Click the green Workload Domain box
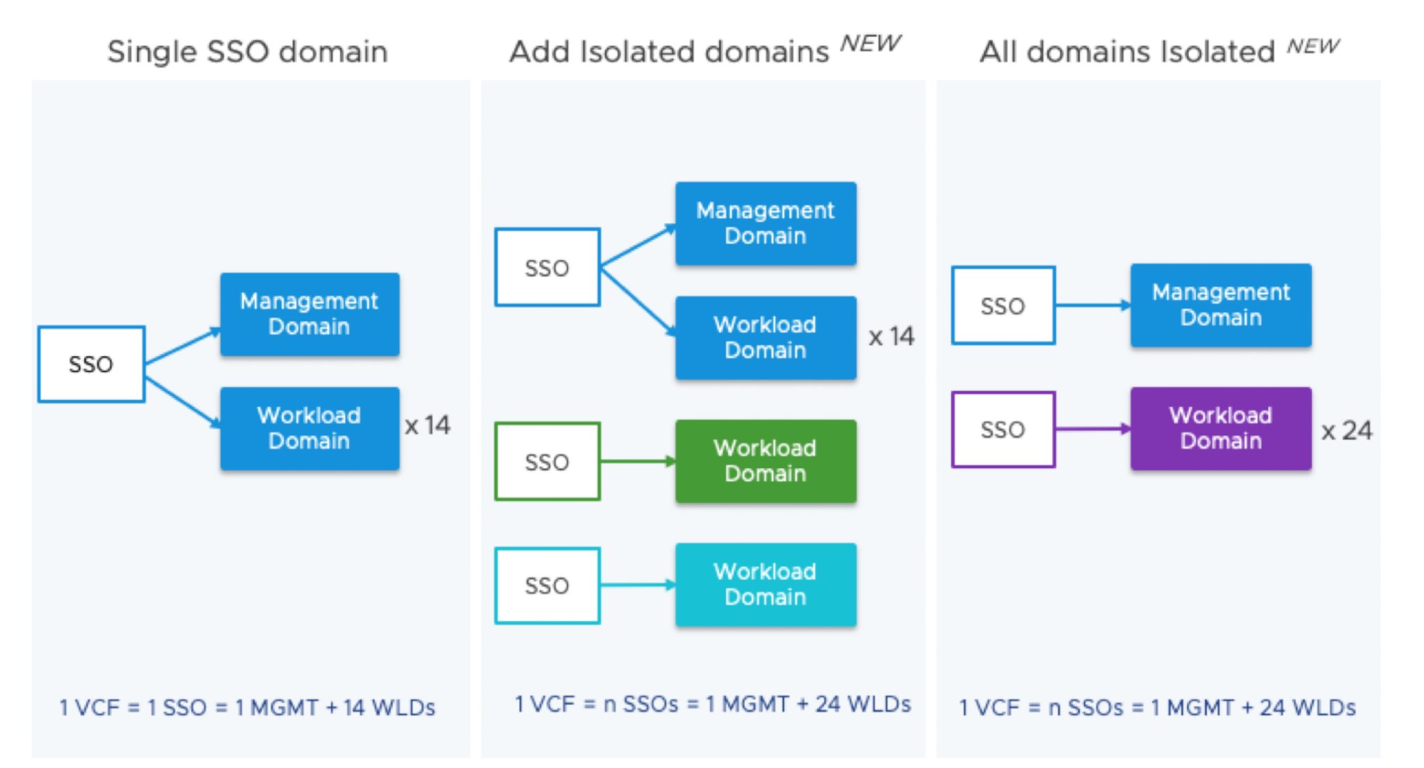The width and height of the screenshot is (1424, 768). pos(766,461)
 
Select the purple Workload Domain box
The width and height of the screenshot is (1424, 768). pos(1221,429)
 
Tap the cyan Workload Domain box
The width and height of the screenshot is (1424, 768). pos(766,584)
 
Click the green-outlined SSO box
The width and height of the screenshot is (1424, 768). pos(547,461)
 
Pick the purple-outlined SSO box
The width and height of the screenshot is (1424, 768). pos(1003,429)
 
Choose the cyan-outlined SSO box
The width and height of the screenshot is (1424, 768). pos(547,585)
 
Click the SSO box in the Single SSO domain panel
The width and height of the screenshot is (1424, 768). pos(91,364)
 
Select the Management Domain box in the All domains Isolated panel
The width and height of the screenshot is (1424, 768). pos(1221,305)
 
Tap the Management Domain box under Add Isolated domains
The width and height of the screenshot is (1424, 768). pos(766,223)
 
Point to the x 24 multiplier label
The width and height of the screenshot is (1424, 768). pos(1347,431)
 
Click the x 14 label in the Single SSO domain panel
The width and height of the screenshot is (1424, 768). pos(428,425)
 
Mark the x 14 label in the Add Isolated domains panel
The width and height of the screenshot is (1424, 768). pos(891,337)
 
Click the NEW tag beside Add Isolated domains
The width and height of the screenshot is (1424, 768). pos(871,44)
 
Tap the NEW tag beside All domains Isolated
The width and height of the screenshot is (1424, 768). pos(1313,46)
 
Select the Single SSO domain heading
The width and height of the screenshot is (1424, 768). pos(248,51)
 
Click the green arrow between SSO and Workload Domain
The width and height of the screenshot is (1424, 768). pos(638,461)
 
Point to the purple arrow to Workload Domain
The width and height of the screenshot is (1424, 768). pos(1093,429)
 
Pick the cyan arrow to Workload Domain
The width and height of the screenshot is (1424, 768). pos(638,585)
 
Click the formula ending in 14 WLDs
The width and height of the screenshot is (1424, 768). pos(248,707)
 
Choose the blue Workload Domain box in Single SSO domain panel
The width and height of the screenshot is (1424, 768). pos(309,429)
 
